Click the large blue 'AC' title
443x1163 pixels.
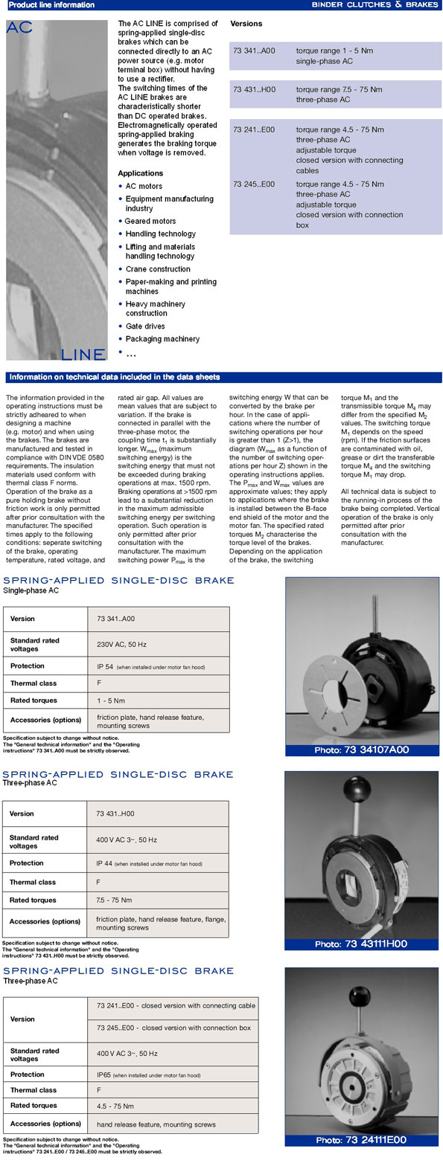(20, 28)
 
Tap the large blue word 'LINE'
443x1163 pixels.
(83, 355)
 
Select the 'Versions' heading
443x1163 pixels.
(246, 24)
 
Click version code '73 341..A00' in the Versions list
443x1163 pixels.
(254, 51)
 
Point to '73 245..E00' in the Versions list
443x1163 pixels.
(254, 184)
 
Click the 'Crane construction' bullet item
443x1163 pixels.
(158, 269)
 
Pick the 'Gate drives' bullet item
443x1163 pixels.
(145, 326)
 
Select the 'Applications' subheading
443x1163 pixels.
(141, 173)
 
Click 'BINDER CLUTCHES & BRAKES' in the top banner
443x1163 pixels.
(375, 4)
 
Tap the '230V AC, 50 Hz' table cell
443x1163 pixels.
(121, 644)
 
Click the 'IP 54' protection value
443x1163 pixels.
(105, 666)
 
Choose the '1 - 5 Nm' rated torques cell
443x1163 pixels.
(111, 700)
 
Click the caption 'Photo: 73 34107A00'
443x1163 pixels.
(362, 750)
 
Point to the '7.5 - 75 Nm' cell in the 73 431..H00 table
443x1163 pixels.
(114, 900)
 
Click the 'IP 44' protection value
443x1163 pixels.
(104, 863)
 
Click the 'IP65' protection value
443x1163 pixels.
(104, 1075)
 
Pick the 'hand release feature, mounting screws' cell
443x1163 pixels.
(156, 1124)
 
